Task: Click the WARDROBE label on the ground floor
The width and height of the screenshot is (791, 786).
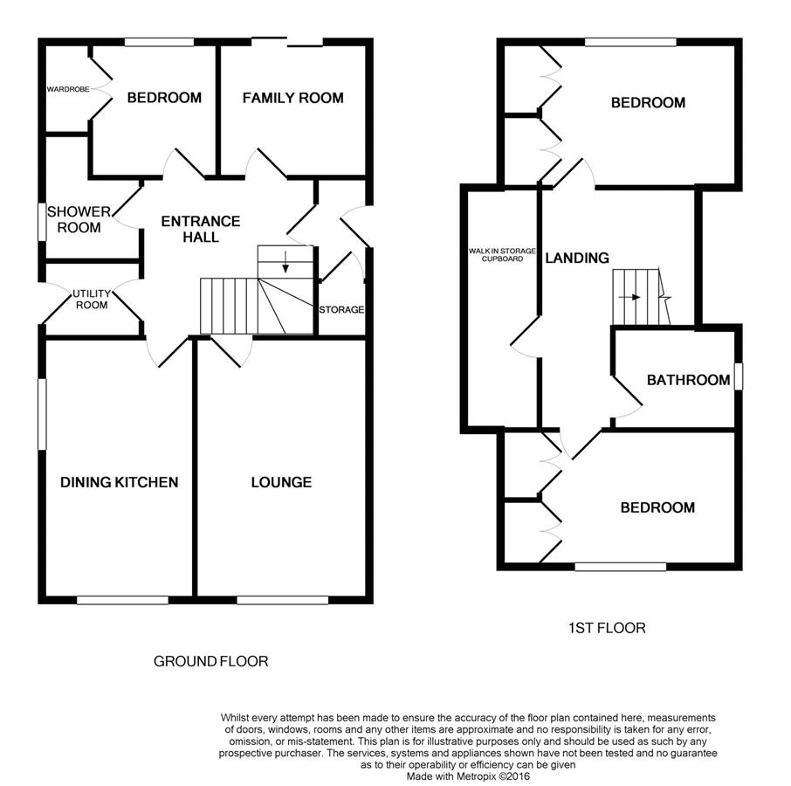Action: click(68, 89)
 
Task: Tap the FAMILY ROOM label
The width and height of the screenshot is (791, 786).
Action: click(293, 98)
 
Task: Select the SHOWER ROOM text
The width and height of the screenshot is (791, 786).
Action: click(79, 219)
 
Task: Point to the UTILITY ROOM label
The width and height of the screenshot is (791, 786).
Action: click(92, 300)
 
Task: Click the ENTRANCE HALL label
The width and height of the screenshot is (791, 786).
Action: click(201, 229)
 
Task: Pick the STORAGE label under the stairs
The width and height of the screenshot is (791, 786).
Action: click(341, 309)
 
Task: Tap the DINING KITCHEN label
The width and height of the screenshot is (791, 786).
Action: click(119, 482)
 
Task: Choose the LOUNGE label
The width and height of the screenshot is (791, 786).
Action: click(281, 482)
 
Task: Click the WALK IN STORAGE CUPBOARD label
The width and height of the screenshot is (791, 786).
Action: click(502, 255)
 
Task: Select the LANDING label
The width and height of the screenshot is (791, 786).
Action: click(577, 258)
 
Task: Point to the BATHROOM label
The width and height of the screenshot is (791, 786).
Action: click(689, 380)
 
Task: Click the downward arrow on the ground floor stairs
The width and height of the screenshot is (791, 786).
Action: click(285, 261)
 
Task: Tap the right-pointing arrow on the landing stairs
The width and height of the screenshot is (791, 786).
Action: click(629, 297)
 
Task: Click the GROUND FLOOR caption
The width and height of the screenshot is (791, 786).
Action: click(211, 661)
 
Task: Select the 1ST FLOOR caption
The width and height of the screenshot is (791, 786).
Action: click(607, 628)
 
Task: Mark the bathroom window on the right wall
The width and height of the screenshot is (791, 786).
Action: click(739, 376)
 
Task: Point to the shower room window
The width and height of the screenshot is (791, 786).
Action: click(43, 222)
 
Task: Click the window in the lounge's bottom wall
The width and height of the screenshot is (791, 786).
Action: click(283, 600)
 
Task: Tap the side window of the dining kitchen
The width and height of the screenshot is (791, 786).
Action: click(43, 414)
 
